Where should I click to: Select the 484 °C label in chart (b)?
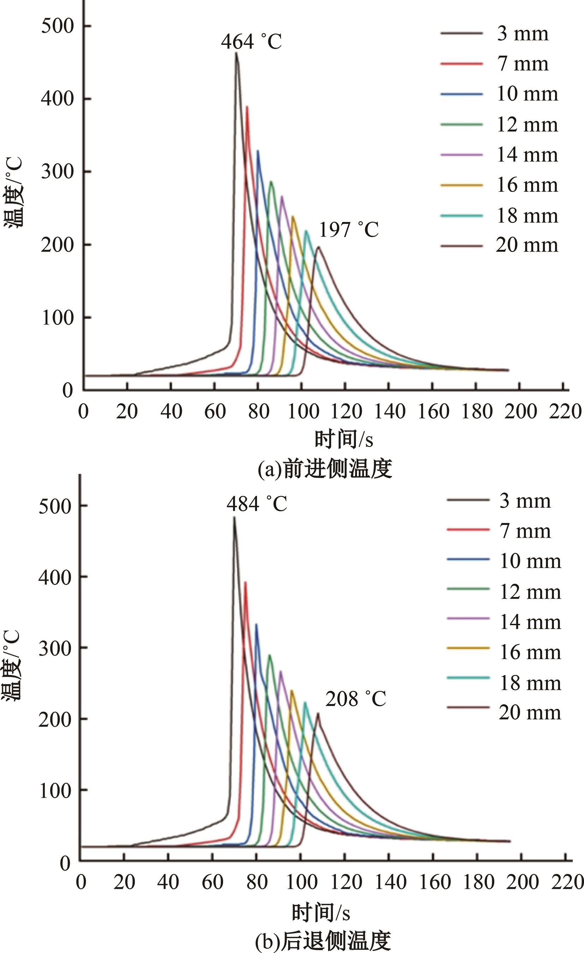pyautogui.click(x=257, y=504)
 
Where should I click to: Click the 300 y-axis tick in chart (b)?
pyautogui.click(x=55, y=647)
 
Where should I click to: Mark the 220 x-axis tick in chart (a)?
pyautogui.click(x=565, y=411)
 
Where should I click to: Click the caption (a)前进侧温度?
pyautogui.click(x=324, y=469)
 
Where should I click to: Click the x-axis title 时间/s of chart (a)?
pyautogui.click(x=344, y=439)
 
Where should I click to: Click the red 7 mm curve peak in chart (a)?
pyautogui.click(x=247, y=107)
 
